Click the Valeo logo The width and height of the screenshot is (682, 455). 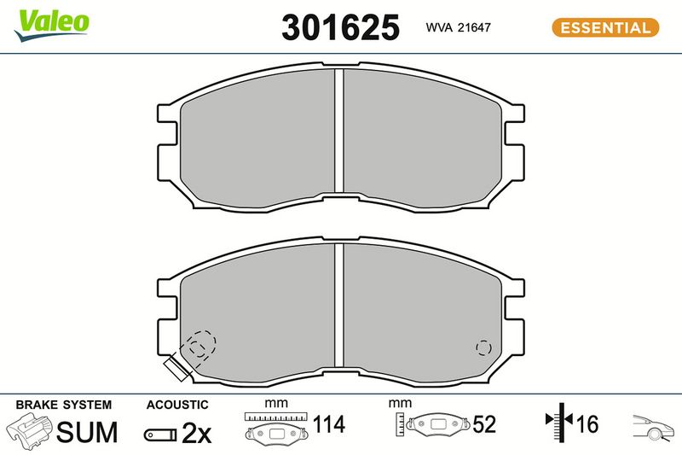click(x=51, y=25)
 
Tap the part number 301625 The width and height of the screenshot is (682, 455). click(x=340, y=27)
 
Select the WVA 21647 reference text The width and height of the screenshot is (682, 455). click(x=458, y=27)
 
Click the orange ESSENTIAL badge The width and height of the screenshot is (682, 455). click(x=605, y=27)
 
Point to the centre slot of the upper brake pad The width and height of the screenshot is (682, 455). click(x=338, y=131)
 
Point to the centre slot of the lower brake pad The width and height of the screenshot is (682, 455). click(x=338, y=305)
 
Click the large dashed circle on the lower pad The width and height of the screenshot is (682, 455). click(x=201, y=344)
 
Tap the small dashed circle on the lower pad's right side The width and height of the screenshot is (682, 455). click(x=483, y=347)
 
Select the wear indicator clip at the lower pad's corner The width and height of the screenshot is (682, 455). click(x=177, y=368)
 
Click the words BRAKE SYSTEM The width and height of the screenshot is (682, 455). click(x=63, y=405)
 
